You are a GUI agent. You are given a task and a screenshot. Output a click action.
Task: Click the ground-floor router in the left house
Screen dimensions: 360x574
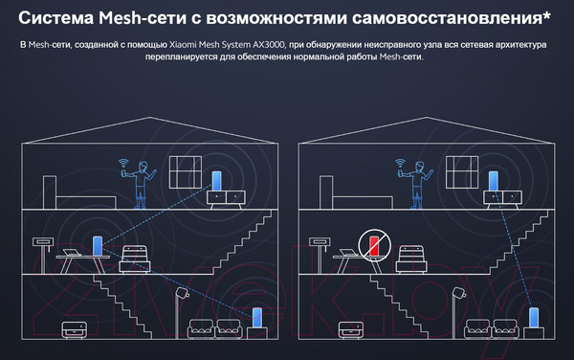[x=257, y=317]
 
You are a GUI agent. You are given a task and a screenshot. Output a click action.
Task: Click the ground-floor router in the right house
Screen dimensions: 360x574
[x=534, y=317]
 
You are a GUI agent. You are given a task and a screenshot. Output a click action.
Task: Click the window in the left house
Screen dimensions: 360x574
[x=187, y=173]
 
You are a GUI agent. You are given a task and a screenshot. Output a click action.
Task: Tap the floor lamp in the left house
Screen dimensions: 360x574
[x=183, y=306]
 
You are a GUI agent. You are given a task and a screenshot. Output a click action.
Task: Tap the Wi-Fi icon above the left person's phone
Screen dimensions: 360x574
[x=122, y=165]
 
